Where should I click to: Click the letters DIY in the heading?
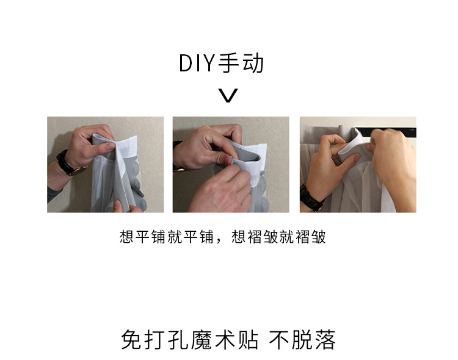[x=197, y=63]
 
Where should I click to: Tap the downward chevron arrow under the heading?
[x=228, y=95]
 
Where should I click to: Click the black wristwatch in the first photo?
[x=70, y=163]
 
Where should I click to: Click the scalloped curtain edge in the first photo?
[x=137, y=184]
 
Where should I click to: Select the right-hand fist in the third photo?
[x=393, y=164]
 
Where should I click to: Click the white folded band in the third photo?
[x=354, y=145]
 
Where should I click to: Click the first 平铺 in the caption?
[x=143, y=237]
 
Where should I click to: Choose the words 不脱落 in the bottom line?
[x=302, y=340]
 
